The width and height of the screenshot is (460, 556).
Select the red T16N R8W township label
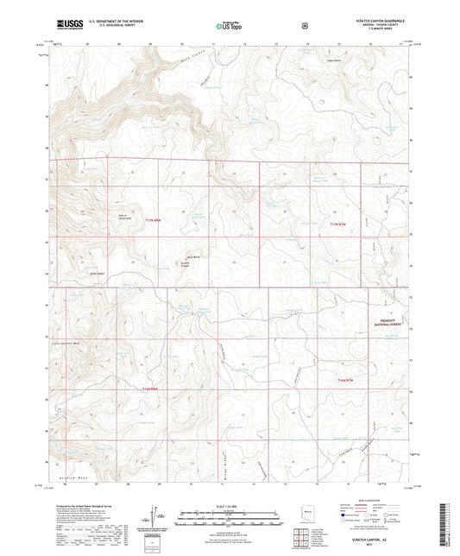point(150,388)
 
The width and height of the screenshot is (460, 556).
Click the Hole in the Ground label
point(125,217)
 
